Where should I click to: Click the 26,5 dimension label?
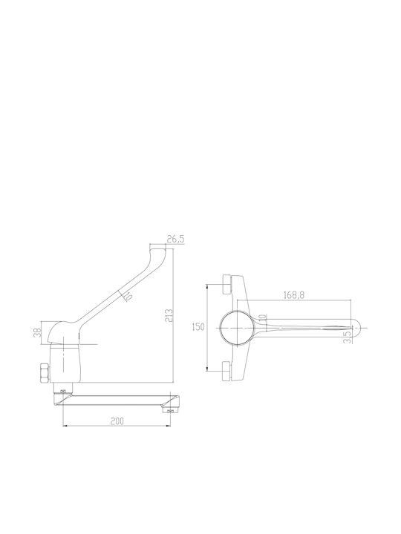click(x=175, y=240)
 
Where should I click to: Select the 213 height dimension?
click(x=169, y=315)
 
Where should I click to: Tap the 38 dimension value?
click(x=38, y=332)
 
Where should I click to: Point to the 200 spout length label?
click(x=117, y=421)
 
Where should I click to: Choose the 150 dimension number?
click(x=198, y=327)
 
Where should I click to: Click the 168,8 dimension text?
click(x=294, y=295)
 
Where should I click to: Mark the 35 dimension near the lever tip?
click(x=347, y=337)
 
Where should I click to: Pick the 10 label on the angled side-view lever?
click(x=128, y=297)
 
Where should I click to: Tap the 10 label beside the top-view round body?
click(x=263, y=317)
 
